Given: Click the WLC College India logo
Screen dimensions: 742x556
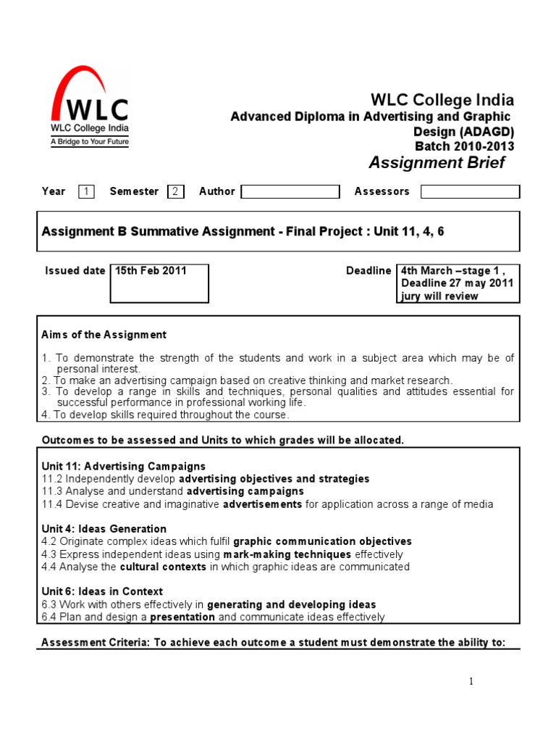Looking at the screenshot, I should (89, 107).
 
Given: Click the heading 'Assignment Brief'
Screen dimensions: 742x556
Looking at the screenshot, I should (437, 162).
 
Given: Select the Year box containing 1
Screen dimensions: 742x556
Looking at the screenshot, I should (86, 192).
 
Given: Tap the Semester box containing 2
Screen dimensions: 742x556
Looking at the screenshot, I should (175, 192).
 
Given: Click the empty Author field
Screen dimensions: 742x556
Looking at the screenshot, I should (290, 192).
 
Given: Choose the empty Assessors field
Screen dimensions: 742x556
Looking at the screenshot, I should (470, 192).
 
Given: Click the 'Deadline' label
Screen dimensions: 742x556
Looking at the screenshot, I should (368, 271).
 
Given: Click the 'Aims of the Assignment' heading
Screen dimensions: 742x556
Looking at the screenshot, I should (104, 335).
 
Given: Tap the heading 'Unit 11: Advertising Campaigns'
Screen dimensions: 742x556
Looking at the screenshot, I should (124, 467).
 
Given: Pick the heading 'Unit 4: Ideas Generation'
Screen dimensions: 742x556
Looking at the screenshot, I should (104, 529).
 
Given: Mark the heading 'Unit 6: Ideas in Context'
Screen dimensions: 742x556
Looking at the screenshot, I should (103, 592).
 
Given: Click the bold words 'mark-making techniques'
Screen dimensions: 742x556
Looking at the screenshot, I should (298, 554).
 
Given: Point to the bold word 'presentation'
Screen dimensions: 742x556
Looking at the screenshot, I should (182, 617).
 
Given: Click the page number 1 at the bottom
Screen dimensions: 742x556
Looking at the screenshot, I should (471, 681).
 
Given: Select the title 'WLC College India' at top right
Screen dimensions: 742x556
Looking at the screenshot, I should (442, 100).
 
